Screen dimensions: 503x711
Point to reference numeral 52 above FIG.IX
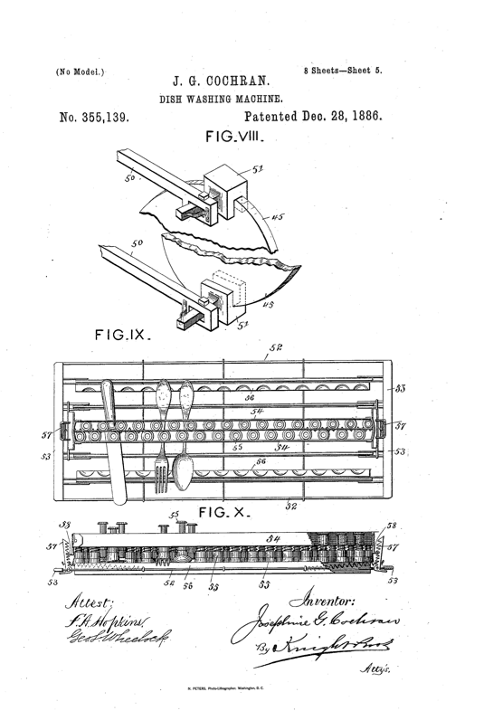(275, 346)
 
